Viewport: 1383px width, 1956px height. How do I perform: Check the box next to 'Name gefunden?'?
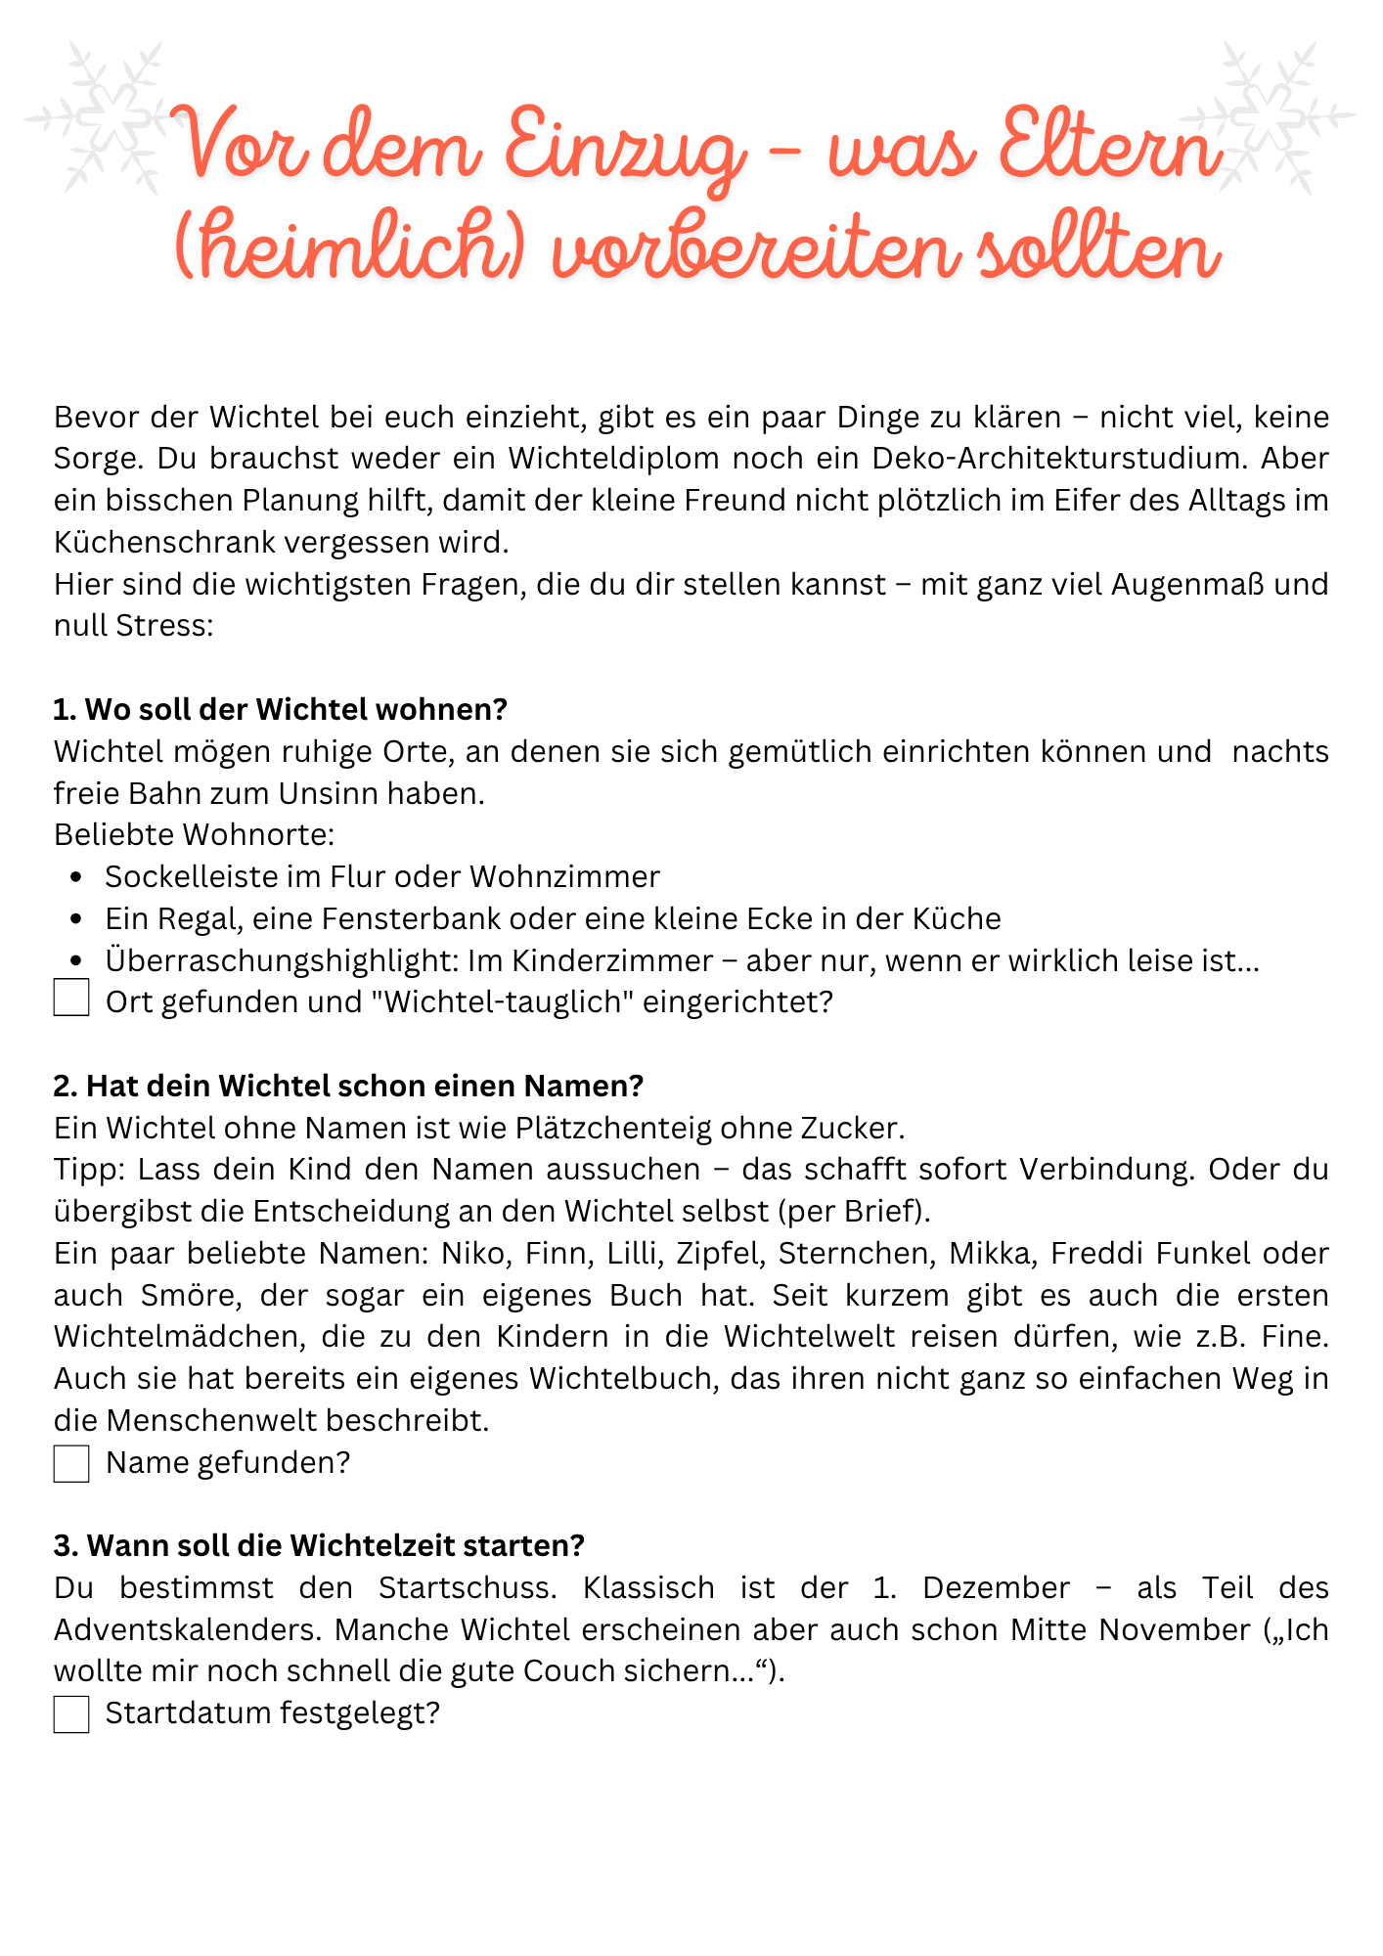pyautogui.click(x=71, y=1464)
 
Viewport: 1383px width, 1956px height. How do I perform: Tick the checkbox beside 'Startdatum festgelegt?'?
pyautogui.click(x=71, y=1714)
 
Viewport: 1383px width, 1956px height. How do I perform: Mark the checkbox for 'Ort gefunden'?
pyautogui.click(x=71, y=999)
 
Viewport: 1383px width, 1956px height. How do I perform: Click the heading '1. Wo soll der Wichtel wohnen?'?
pyautogui.click(x=281, y=709)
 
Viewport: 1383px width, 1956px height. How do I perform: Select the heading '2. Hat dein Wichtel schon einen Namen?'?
pyautogui.click(x=349, y=1086)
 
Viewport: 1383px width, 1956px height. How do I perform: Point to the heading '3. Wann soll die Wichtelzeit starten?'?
pyautogui.click(x=319, y=1545)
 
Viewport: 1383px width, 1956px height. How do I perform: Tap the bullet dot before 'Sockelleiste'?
pyautogui.click(x=76, y=877)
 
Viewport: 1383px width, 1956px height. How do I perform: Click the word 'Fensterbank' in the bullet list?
pyautogui.click(x=409, y=919)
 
